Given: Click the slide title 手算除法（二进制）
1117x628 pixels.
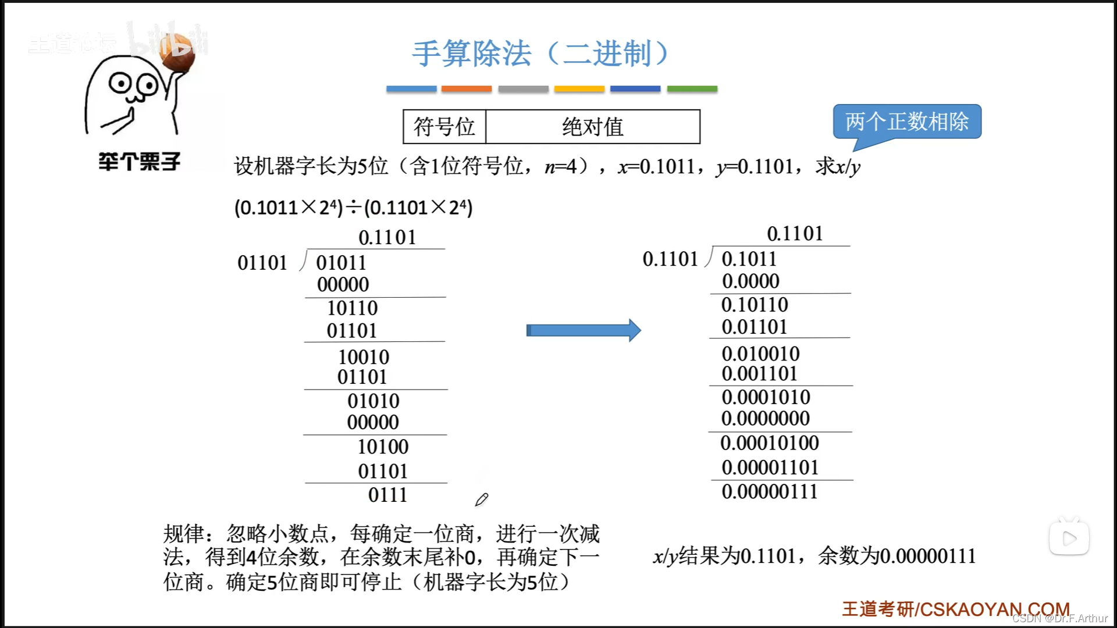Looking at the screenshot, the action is point(540,53).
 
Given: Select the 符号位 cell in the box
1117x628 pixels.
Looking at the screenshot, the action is point(444,127).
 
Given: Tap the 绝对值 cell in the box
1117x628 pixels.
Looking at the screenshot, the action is point(592,127).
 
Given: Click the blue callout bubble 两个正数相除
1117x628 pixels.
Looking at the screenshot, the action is point(906,122).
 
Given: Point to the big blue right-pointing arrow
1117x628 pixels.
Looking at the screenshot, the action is point(583,330).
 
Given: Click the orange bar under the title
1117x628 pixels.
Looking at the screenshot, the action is point(466,89).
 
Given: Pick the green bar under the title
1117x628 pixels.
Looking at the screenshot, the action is point(692,89).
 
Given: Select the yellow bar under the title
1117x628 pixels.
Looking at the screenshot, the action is point(579,89).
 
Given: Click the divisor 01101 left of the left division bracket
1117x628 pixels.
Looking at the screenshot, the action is point(262,263).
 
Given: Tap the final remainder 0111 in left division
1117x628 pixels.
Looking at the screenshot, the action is point(387,495).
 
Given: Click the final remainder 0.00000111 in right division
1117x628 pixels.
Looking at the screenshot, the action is point(769,492).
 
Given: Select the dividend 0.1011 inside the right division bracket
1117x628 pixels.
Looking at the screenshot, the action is point(749,259).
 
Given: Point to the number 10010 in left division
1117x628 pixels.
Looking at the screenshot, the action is point(364,356).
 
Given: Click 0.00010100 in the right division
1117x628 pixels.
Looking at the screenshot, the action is point(769,443).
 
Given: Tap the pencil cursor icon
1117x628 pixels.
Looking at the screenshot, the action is point(482,499).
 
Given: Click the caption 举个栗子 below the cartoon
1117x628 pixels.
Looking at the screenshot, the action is point(139,162).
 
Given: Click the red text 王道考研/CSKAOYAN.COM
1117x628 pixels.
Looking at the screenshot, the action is point(955,609).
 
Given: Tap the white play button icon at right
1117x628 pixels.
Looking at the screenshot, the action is point(1069,538).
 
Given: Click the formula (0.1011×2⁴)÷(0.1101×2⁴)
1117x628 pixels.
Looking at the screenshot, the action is point(353,208).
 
